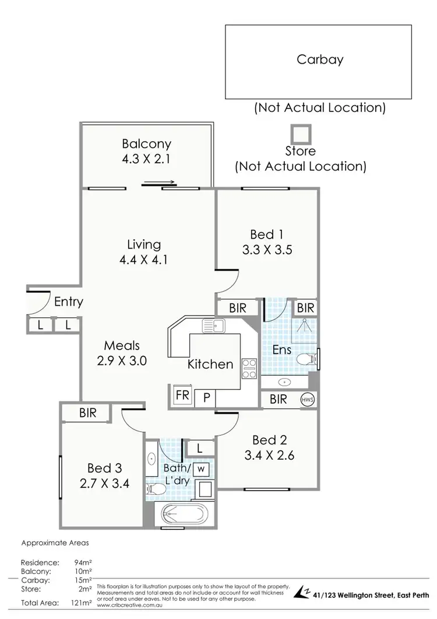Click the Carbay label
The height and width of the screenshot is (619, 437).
(x=320, y=59)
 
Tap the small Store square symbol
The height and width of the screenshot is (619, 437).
(x=301, y=134)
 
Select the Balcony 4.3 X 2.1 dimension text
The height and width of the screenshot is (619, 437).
(x=146, y=158)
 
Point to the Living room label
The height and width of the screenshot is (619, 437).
(x=144, y=244)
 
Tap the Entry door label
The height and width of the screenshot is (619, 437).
(x=68, y=302)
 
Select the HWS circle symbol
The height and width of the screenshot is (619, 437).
(x=307, y=400)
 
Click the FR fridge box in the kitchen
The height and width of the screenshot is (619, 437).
(x=182, y=394)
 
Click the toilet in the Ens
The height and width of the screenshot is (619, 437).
(x=305, y=358)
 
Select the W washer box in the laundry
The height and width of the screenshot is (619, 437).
(x=202, y=468)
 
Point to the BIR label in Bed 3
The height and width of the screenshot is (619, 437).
(x=87, y=413)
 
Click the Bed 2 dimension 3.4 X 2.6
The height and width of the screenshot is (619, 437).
(x=269, y=455)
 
